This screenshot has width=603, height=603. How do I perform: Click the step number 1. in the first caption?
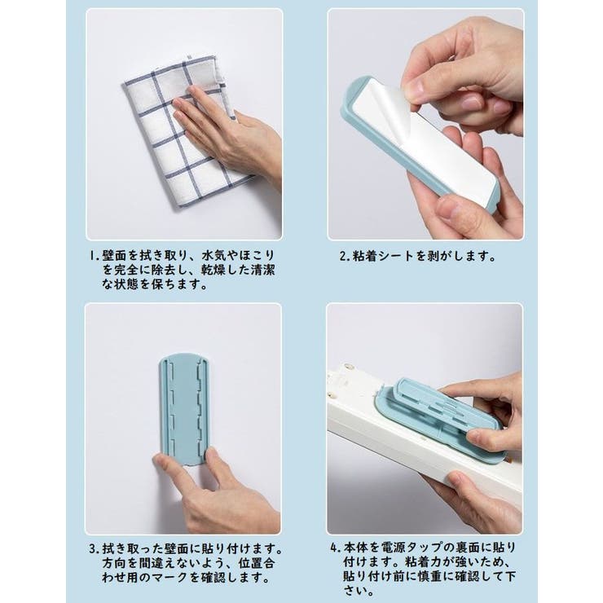93,255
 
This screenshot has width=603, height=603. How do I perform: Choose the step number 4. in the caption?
334,547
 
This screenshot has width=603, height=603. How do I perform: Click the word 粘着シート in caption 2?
383,255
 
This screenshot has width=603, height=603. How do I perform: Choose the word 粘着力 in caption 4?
422,563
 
